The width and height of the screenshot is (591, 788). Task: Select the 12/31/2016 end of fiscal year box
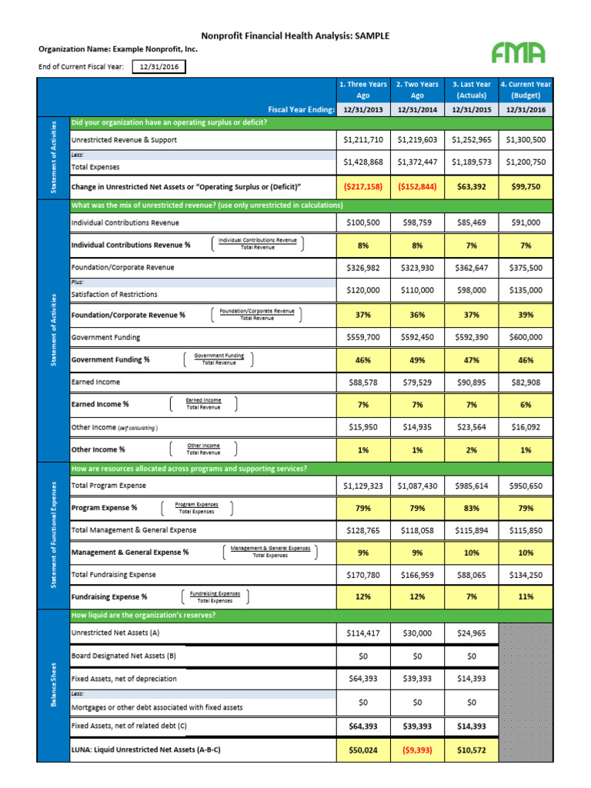pos(159,67)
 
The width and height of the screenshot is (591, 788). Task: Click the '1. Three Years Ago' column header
pos(363,90)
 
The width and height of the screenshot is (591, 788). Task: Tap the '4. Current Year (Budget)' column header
pos(526,90)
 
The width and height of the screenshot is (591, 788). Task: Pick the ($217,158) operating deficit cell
pos(363,187)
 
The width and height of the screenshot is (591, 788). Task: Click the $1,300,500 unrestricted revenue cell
pos(526,140)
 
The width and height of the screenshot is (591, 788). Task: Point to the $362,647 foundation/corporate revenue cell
pos(472,268)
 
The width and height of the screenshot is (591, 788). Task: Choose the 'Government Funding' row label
pos(105,337)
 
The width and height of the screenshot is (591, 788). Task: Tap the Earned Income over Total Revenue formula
pos(203,404)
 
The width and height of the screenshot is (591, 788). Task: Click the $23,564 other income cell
pos(472,427)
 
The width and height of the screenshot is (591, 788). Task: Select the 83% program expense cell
pos(472,508)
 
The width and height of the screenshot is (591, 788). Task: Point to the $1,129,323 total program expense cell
pos(363,486)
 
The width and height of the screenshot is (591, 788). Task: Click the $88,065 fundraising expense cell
pos(472,574)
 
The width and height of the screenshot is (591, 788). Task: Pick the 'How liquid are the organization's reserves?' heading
pos(143,616)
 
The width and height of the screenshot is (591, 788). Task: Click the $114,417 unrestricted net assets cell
pos(363,633)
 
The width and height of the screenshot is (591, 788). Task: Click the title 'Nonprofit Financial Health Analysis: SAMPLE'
pos(295,35)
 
